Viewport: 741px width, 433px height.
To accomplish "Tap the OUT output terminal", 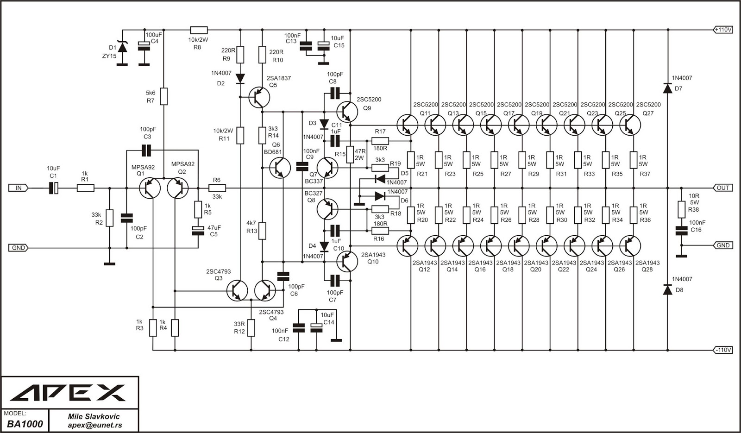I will (x=723, y=188).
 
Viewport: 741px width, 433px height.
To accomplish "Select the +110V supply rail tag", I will (x=723, y=30).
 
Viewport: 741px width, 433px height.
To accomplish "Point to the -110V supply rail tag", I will (x=723, y=350).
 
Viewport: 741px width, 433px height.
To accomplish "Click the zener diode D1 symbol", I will (x=122, y=46).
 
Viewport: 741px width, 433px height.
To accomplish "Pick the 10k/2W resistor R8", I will (x=198, y=30).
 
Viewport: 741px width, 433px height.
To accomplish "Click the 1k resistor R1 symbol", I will (x=85, y=188).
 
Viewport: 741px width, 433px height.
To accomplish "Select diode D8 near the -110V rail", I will (x=667, y=290).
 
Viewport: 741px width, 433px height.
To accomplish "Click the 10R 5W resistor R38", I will (x=681, y=209).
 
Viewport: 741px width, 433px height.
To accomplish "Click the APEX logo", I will (x=68, y=393).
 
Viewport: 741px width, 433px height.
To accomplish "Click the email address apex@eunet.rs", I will (x=94, y=425).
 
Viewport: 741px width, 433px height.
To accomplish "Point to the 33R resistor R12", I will (x=251, y=327).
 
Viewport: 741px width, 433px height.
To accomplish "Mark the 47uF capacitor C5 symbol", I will (x=198, y=230).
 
